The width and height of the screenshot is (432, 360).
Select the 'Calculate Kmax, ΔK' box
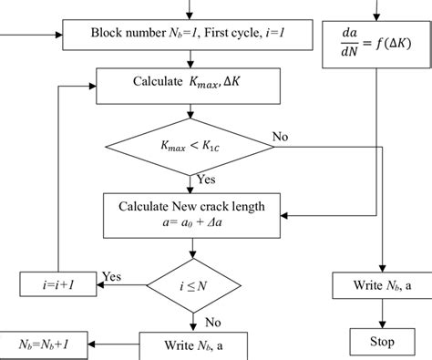189,84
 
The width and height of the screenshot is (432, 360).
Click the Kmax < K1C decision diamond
189,146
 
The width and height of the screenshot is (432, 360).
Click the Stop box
382,342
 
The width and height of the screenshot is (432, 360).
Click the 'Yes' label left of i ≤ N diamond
112,275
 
